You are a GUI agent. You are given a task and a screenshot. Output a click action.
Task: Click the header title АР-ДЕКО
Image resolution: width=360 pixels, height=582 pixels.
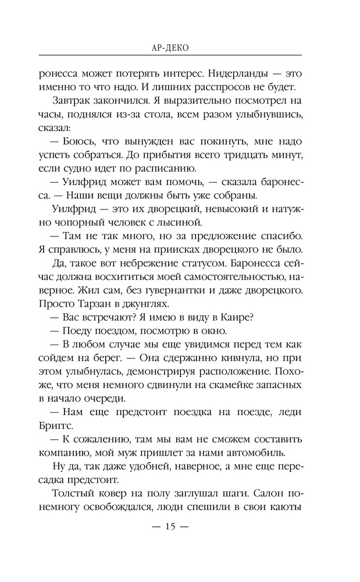point(169,47)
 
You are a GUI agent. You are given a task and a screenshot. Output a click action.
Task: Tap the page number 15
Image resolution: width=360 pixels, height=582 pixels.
point(170,527)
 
